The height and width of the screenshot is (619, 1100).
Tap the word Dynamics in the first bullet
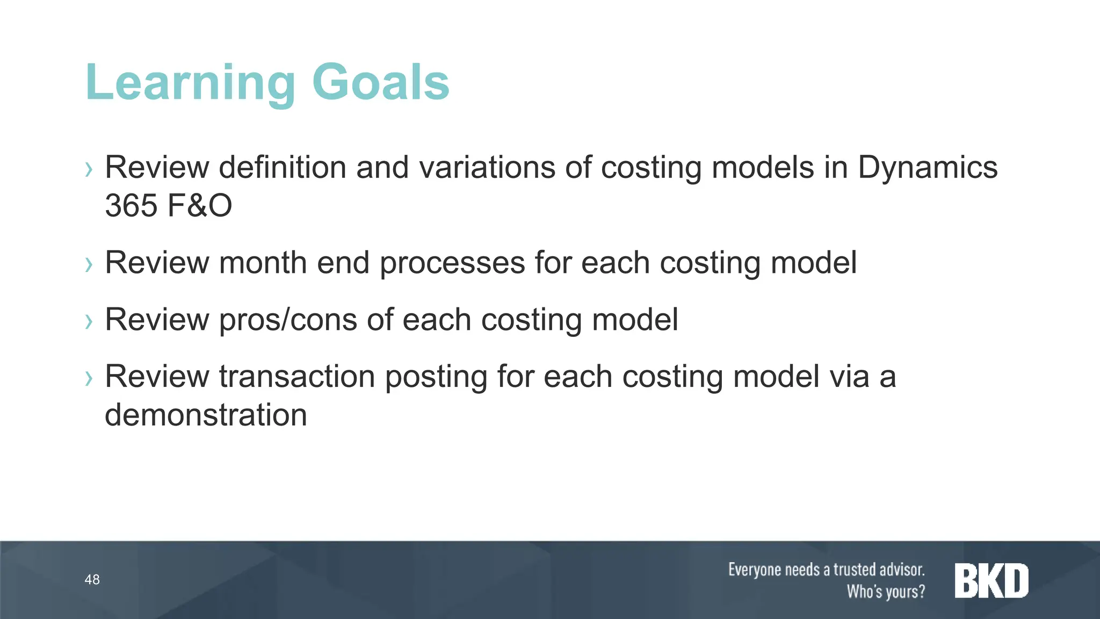click(928, 167)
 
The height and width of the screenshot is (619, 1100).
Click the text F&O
click(200, 206)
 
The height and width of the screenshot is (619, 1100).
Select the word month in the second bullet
click(263, 263)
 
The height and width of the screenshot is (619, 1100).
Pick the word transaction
click(297, 376)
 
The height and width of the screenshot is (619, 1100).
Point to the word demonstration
click(206, 415)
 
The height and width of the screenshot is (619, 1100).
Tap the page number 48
click(92, 580)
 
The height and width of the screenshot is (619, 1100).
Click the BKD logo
click(991, 580)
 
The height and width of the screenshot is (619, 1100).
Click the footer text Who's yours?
click(886, 592)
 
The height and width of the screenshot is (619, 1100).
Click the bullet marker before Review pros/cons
click(89, 322)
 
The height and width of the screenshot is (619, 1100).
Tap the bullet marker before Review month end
click(89, 265)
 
